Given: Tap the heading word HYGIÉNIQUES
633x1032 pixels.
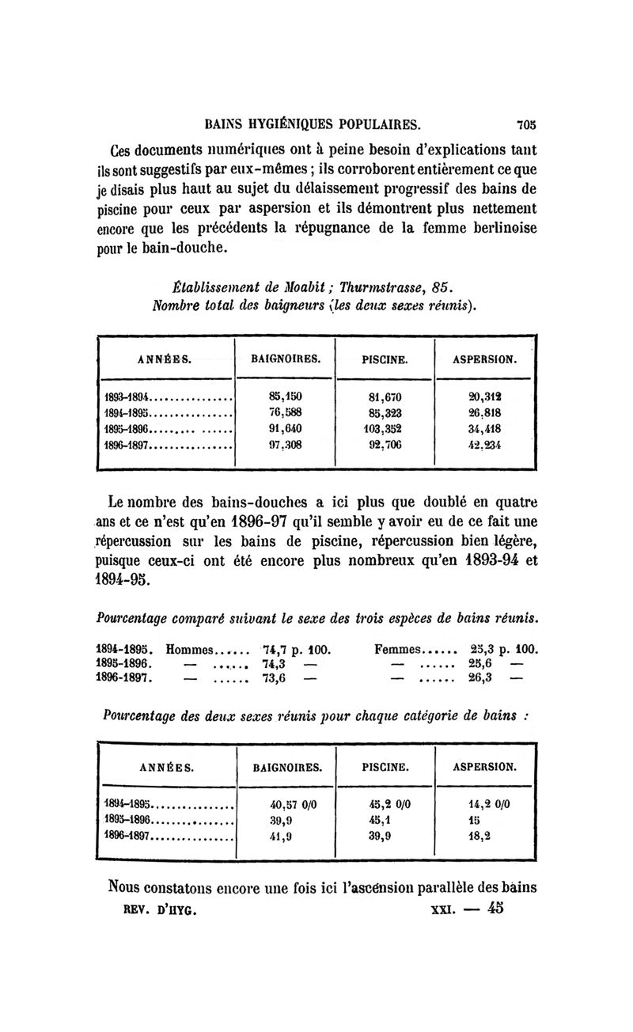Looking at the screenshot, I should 286,123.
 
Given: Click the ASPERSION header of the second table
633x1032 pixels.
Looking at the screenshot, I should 485,766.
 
